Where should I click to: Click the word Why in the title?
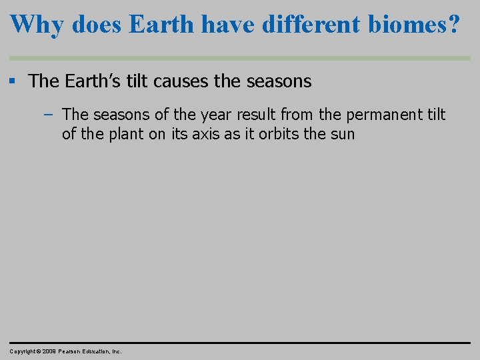tap(37, 25)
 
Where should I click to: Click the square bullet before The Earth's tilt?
tap(13, 81)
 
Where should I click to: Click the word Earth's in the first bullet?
tap(93, 81)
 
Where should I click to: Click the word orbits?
tap(279, 134)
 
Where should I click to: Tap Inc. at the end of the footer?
tap(116, 351)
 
